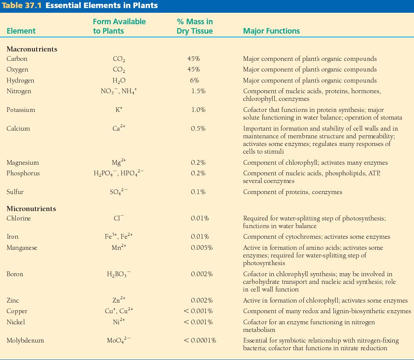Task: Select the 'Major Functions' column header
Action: pos(271,31)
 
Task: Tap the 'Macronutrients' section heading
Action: pos(32,49)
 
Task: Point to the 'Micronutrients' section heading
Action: pos(31,209)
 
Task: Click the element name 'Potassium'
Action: pos(21,110)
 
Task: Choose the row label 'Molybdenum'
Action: pos(25,340)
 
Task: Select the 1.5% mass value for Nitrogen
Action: pos(198,91)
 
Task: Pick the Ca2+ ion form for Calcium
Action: pos(118,129)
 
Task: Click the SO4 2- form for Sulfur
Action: pos(118,192)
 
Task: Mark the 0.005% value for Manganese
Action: pos(202,248)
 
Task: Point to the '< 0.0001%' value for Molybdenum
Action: pos(200,340)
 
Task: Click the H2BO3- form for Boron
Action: pos(118,274)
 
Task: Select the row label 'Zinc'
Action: pos(13,300)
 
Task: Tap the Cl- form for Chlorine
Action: pos(118,219)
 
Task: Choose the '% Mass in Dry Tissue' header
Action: pos(195,26)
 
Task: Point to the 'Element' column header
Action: pos(21,31)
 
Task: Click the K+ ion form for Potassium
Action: pos(118,110)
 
